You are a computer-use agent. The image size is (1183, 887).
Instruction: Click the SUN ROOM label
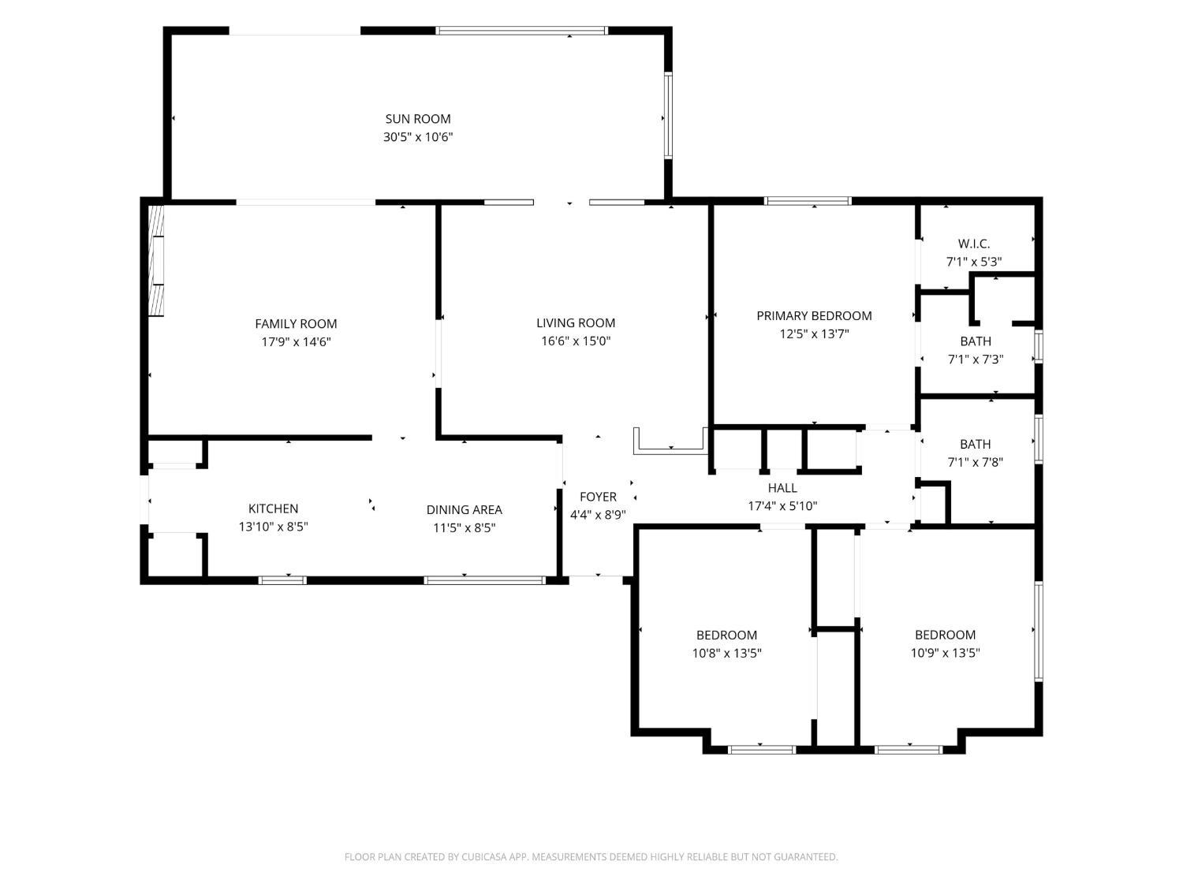coord(418,119)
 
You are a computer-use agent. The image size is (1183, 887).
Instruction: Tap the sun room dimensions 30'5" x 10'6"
coord(418,136)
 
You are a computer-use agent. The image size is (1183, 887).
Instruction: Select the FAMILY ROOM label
coord(296,324)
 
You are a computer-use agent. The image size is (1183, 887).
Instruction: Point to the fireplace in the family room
coord(155,260)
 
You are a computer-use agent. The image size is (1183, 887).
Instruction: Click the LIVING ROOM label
coord(576,322)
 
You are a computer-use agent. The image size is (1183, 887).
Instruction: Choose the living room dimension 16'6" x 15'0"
coord(576,341)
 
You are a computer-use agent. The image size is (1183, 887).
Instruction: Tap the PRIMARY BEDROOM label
coord(814,315)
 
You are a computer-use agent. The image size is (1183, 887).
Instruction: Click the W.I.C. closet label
coord(974,244)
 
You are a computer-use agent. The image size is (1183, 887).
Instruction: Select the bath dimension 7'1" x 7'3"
coord(976,359)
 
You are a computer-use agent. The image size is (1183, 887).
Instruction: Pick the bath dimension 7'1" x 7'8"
coord(976,461)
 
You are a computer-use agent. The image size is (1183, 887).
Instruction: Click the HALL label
coord(782,488)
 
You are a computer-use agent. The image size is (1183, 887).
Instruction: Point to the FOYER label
coord(598,497)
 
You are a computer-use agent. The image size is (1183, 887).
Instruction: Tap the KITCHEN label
coord(273,509)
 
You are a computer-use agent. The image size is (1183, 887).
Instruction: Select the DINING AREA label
coord(464,509)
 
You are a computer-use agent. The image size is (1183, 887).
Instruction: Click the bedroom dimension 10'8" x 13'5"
coord(726,653)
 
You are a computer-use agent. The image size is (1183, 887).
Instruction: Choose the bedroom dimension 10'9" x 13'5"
coord(945,653)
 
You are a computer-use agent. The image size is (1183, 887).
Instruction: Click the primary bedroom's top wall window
coord(808,201)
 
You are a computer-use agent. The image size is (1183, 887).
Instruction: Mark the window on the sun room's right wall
coord(668,116)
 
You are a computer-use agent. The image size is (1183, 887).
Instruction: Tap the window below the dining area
coord(484,580)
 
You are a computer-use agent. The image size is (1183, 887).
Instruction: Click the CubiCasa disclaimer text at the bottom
coord(591,856)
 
